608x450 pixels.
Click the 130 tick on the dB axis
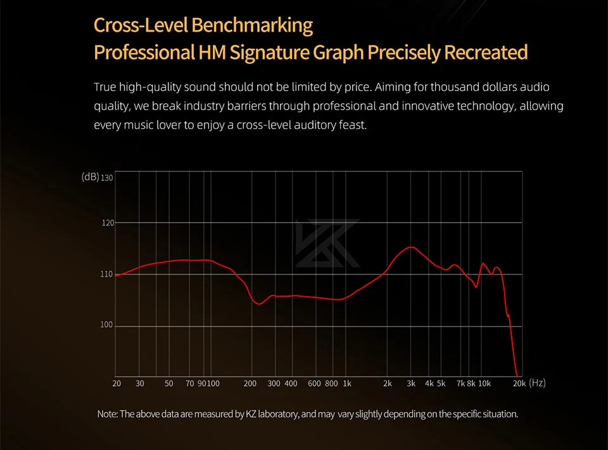(x=106, y=178)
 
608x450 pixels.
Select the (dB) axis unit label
(x=90, y=177)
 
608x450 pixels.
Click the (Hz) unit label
(x=536, y=383)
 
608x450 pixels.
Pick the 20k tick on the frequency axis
(x=519, y=384)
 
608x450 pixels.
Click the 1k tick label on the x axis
(x=346, y=384)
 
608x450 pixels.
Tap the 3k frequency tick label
(x=411, y=384)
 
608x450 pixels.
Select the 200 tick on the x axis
(x=250, y=384)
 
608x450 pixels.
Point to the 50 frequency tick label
(x=168, y=384)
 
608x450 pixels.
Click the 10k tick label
(x=484, y=384)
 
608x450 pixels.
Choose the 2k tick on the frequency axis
(x=388, y=384)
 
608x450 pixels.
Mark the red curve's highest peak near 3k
(x=412, y=247)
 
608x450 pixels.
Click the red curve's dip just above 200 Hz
(x=258, y=304)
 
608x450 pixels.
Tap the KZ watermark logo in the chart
(x=327, y=242)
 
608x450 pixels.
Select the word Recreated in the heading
(x=486, y=52)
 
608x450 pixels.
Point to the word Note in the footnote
(x=106, y=415)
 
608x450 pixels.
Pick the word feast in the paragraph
(x=351, y=125)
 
